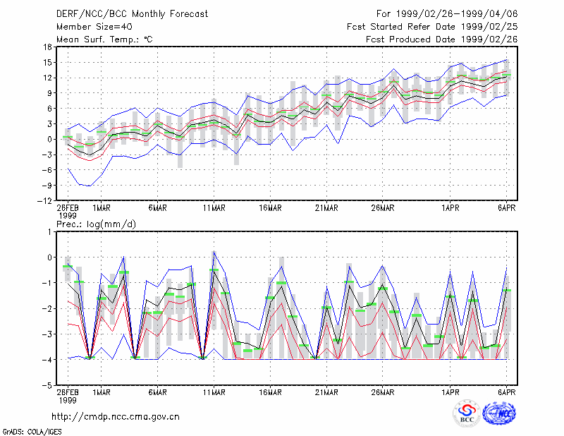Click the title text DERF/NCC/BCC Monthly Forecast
(x=132, y=14)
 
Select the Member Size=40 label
(x=94, y=27)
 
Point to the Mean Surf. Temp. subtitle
(x=104, y=40)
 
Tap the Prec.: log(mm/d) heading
(x=96, y=224)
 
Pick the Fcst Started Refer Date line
(x=432, y=27)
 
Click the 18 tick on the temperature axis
(x=47, y=47)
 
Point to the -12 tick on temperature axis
(x=44, y=200)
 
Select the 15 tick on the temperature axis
(x=47, y=62)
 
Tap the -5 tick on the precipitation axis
(x=47, y=385)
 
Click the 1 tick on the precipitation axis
(x=49, y=232)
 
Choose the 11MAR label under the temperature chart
(x=214, y=208)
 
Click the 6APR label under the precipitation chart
(x=507, y=392)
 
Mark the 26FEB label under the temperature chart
(x=68, y=208)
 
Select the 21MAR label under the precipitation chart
(x=326, y=392)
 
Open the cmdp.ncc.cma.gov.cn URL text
(x=116, y=417)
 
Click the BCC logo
(x=467, y=413)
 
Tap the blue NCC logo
(x=499, y=413)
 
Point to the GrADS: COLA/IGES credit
(x=32, y=432)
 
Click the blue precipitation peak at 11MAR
(x=214, y=252)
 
